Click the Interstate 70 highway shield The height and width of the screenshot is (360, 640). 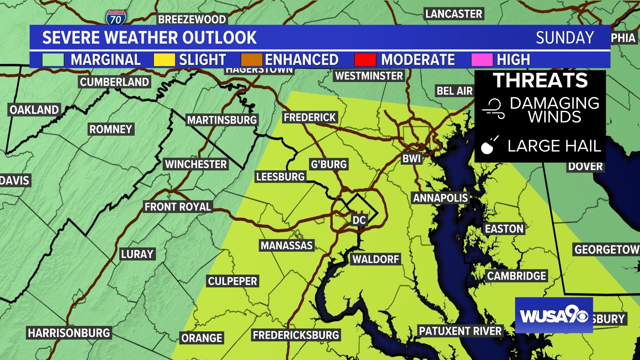[x=116, y=18]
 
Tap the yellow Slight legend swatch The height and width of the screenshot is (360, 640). [x=164, y=60]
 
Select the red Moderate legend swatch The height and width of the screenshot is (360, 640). [x=365, y=60]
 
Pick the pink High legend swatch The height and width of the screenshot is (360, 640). [x=482, y=60]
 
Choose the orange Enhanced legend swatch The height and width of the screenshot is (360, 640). [x=252, y=60]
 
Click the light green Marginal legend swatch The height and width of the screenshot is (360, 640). [x=53, y=60]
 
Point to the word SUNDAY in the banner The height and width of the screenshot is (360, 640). [x=565, y=38]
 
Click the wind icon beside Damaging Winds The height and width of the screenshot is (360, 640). [x=494, y=109]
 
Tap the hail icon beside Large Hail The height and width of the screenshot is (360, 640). [x=489, y=145]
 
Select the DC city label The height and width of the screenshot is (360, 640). [x=359, y=220]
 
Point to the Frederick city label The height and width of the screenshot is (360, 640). [x=310, y=117]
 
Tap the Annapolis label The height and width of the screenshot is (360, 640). [x=440, y=198]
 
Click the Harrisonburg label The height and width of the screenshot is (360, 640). [x=69, y=333]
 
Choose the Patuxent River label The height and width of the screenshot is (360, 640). [x=460, y=331]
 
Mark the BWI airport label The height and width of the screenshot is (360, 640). [x=412, y=159]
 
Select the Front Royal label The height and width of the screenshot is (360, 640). [x=178, y=207]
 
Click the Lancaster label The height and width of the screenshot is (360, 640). [x=454, y=14]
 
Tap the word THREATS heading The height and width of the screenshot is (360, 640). [x=540, y=81]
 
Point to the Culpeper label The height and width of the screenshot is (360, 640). [x=233, y=281]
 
